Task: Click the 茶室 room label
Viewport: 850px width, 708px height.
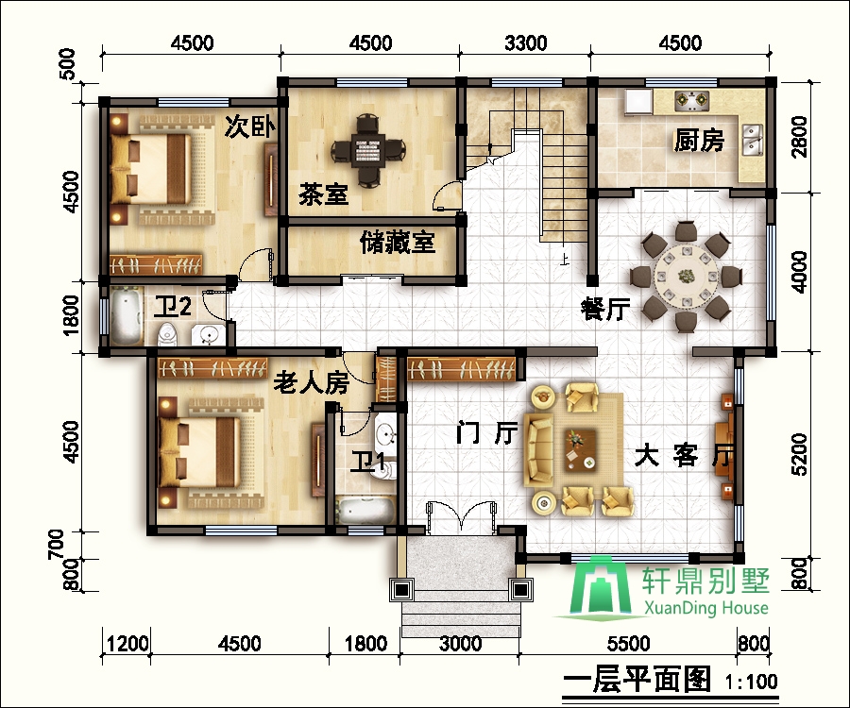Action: coord(323,194)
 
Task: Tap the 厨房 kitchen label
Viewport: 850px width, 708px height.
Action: coord(699,140)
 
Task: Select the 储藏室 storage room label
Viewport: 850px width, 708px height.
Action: coord(398,243)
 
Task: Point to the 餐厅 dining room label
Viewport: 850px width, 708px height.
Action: coord(605,309)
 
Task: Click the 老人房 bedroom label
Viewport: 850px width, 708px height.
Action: coord(311,383)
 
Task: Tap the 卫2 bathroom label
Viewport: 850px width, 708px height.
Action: coord(173,307)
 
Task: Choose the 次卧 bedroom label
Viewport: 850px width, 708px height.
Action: coord(250,126)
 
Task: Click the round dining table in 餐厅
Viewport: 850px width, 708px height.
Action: coord(687,277)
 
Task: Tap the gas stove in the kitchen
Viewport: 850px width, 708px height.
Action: coord(691,100)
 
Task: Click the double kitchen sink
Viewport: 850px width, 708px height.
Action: coord(753,139)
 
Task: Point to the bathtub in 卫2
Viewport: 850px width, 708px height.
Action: coord(126,317)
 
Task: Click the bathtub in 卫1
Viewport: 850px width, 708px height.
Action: coord(365,511)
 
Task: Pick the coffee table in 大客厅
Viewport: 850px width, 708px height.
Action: coord(581,449)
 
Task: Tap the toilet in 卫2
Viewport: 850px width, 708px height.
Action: coord(167,334)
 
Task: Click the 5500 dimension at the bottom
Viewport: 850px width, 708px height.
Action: coord(628,644)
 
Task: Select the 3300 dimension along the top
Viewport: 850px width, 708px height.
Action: coord(525,42)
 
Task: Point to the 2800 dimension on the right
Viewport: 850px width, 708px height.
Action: coord(799,137)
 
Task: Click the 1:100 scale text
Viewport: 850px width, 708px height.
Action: coord(751,682)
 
